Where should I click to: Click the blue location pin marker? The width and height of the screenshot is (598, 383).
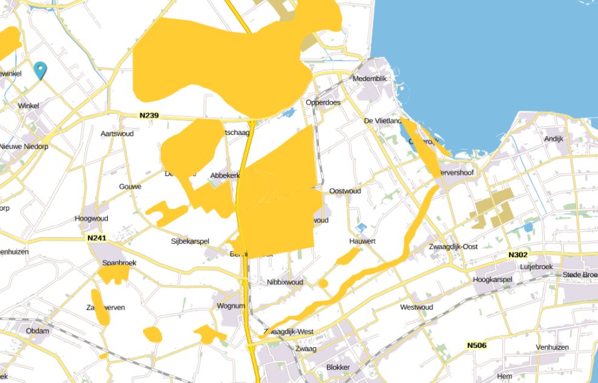41,70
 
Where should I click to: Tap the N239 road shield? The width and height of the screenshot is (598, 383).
149,116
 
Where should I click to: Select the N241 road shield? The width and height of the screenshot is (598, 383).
97,238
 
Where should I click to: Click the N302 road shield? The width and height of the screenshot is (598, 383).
518,255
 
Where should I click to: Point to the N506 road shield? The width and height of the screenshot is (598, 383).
476,345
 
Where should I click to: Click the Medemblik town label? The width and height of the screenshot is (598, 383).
369,79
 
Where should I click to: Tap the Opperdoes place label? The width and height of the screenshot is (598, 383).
323,102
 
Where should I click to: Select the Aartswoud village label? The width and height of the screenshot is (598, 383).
117,133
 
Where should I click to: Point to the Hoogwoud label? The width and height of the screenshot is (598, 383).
91,218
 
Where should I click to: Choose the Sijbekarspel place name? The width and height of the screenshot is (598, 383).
190,241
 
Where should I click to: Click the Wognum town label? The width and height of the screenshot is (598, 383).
231,306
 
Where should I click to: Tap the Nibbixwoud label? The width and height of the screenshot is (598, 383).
285,282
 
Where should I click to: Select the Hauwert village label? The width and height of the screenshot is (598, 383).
363,241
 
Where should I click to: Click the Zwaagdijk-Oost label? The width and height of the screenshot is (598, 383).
453,247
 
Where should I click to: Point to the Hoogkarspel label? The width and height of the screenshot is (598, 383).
492,280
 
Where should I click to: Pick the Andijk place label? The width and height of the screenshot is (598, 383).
554,139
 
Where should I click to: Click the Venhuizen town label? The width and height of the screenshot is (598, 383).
552,347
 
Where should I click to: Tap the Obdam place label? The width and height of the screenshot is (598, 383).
38,331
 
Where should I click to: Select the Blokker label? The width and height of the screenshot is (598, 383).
338,367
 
